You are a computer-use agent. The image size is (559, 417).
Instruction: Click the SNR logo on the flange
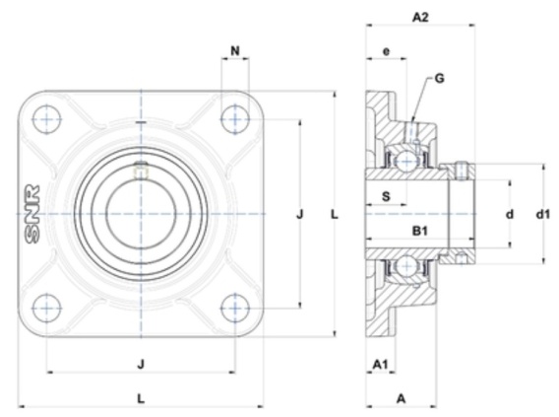(x=31, y=214)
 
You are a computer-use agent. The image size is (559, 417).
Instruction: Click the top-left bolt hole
(x=46, y=119)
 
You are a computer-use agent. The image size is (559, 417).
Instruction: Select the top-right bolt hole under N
(x=235, y=119)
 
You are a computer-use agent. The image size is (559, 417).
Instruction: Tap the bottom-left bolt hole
(x=46, y=309)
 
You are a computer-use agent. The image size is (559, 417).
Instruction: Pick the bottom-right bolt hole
(x=235, y=309)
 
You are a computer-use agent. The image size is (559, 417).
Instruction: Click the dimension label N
(x=235, y=51)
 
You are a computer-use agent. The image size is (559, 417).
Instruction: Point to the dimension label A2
(x=420, y=17)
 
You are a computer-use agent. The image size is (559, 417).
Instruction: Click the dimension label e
(x=386, y=52)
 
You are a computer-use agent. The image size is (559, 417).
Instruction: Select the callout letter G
(x=440, y=78)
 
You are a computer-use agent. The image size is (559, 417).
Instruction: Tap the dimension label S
(x=386, y=196)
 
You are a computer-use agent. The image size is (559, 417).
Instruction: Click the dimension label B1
(x=419, y=232)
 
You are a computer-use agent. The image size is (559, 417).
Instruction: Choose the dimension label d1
(x=543, y=214)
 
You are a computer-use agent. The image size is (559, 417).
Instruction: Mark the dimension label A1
(x=380, y=365)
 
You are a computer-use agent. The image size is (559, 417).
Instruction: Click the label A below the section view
(x=402, y=398)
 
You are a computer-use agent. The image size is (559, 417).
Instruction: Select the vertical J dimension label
(x=300, y=214)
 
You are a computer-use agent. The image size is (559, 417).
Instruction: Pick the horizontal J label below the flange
(x=141, y=365)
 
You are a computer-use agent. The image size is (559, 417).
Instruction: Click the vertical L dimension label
(x=334, y=215)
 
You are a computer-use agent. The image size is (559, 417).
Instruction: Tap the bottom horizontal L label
(x=141, y=398)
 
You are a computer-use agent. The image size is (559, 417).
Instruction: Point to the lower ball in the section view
(x=406, y=266)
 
